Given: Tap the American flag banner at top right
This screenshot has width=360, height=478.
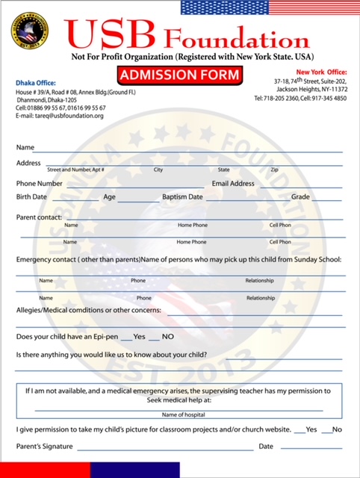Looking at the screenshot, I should click(270, 7).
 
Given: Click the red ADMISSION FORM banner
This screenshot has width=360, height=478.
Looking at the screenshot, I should click(179, 75).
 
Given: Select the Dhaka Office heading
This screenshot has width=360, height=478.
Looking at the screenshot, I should click(35, 82).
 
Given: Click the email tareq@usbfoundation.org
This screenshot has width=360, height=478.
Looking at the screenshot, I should click(59, 116).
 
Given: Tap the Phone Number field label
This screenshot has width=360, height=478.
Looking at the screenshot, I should click(40, 183).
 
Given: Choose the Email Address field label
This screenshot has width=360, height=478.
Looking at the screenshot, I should click(233, 183).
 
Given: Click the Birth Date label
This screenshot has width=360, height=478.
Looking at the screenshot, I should click(31, 197).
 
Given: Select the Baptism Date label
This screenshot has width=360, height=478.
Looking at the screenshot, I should click(182, 197).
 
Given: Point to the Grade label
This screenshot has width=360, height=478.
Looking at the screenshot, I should click(300, 197).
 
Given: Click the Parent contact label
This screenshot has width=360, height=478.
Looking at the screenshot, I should click(39, 217).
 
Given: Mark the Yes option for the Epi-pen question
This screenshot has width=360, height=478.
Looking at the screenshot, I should click(139, 337).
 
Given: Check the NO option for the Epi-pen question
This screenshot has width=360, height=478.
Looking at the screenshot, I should click(167, 337).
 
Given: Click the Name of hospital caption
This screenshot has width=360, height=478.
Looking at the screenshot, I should click(179, 414).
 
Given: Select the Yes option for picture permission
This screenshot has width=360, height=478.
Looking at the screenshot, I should click(311, 429).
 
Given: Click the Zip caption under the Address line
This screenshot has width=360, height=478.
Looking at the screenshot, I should click(274, 170).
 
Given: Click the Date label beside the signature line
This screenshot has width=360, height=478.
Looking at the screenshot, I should click(266, 447).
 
